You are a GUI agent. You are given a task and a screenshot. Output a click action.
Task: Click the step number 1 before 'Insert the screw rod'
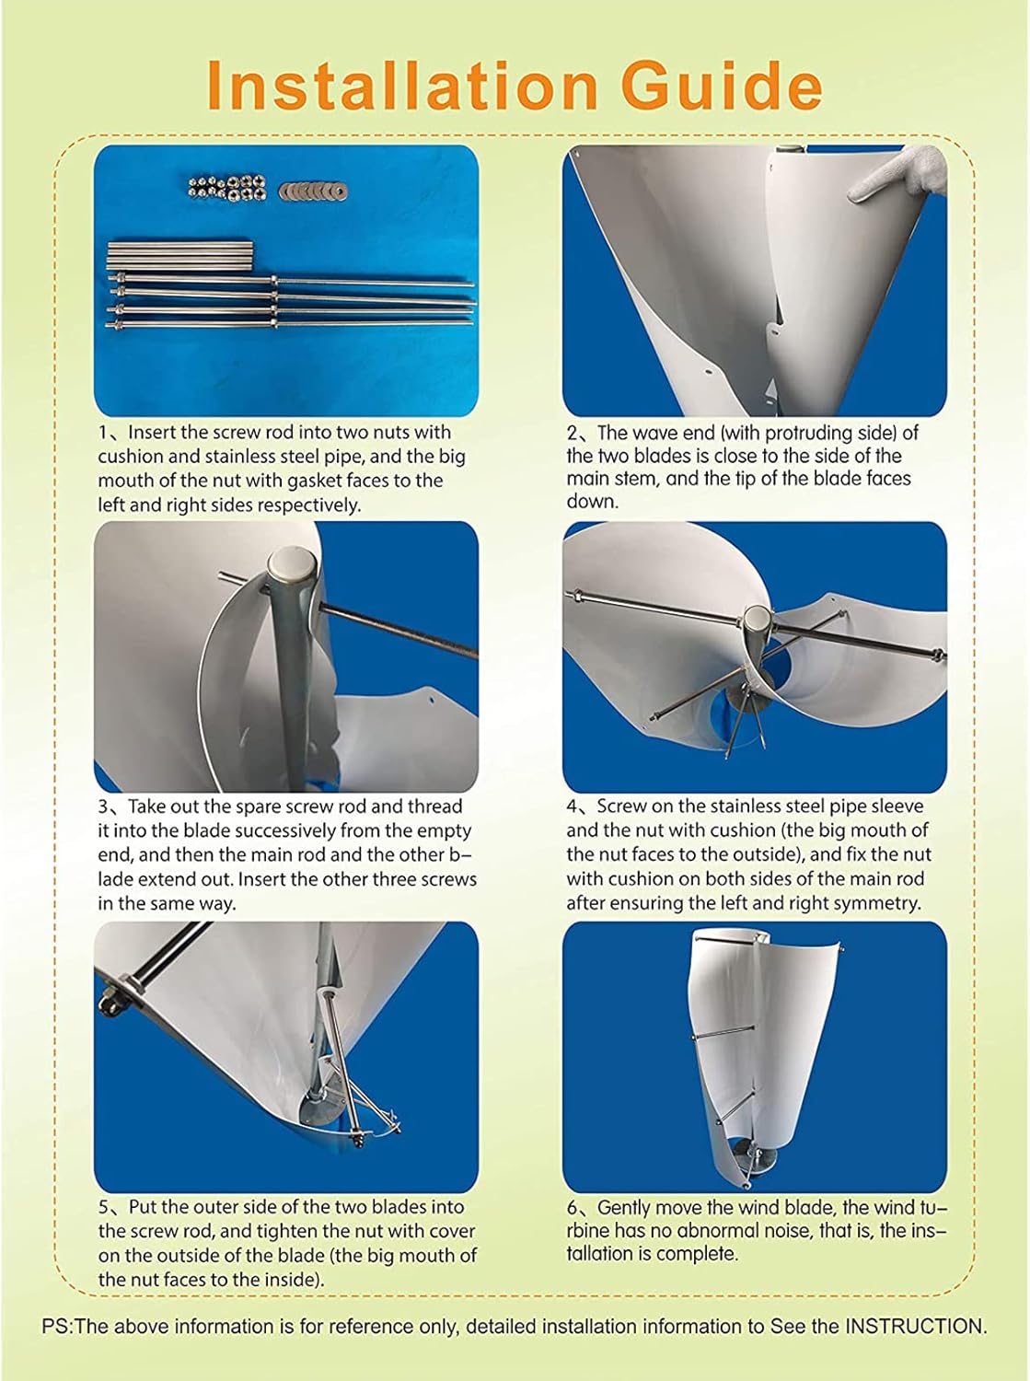coord(103,432)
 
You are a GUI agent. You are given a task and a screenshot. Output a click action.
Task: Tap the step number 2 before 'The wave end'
coord(572,432)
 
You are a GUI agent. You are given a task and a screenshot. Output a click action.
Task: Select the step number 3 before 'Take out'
coord(103,807)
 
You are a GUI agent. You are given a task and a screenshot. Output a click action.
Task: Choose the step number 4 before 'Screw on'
coord(572,807)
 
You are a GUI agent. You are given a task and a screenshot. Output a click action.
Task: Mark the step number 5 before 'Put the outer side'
coord(103,1207)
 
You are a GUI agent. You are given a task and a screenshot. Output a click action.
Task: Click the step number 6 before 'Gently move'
coord(572,1207)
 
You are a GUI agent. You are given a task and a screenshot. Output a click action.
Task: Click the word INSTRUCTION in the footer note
coord(915,1327)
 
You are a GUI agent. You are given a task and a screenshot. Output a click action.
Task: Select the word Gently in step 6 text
coord(627,1207)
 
